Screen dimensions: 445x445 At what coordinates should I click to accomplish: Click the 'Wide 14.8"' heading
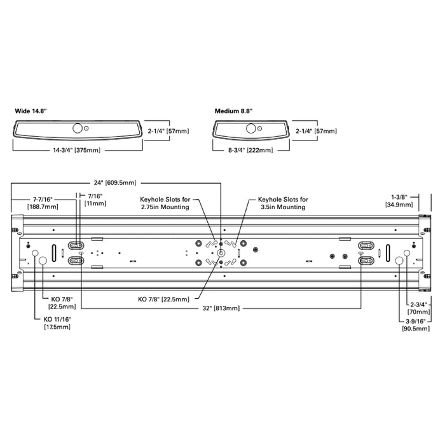pyautogui.click(x=31, y=111)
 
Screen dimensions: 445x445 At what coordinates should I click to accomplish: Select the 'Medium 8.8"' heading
pyautogui.click(x=233, y=111)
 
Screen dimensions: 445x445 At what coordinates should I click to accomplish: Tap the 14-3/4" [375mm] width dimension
pyautogui.click(x=77, y=150)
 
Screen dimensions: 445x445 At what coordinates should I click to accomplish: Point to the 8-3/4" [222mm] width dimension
pyautogui.click(x=250, y=150)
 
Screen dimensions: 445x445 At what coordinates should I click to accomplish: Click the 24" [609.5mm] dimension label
pyautogui.click(x=115, y=183)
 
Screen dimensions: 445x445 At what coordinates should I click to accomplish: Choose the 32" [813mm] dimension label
pyautogui.click(x=221, y=308)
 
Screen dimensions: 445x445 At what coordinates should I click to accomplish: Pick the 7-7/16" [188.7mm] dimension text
pyautogui.click(x=43, y=203)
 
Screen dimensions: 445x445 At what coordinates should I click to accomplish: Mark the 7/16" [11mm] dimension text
pyautogui.click(x=95, y=200)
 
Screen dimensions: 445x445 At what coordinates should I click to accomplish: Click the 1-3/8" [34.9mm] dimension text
pyautogui.click(x=399, y=201)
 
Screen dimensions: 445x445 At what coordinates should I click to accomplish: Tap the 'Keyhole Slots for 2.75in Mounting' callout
pyautogui.click(x=165, y=203)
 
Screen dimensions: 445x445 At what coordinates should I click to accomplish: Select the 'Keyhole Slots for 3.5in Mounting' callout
pyautogui.click(x=283, y=203)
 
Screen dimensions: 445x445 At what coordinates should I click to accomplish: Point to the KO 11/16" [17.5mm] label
pyautogui.click(x=57, y=323)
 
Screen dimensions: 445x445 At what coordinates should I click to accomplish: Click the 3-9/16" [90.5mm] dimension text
pyautogui.click(x=416, y=325)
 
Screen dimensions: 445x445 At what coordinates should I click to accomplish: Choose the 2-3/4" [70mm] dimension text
pyautogui.click(x=418, y=308)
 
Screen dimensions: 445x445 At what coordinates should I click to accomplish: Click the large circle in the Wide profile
pyautogui.click(x=77, y=128)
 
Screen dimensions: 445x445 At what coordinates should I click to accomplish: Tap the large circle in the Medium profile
pyautogui.click(x=251, y=128)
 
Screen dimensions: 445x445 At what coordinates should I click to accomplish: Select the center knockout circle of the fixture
pyautogui.click(x=221, y=253)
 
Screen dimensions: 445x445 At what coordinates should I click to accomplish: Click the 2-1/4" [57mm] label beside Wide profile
pyautogui.click(x=168, y=131)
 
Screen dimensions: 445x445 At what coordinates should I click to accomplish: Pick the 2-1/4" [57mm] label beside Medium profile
pyautogui.click(x=316, y=131)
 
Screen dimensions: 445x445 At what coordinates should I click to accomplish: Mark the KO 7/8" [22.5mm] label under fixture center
pyautogui.click(x=164, y=299)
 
